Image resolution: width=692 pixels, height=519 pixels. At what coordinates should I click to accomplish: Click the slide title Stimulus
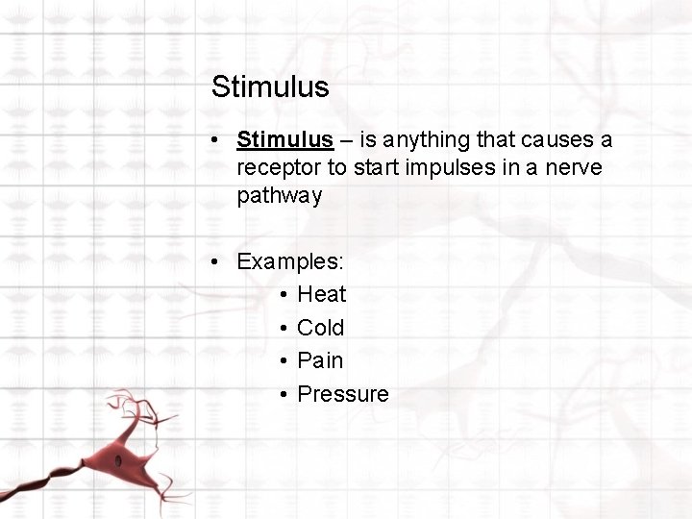tap(270, 87)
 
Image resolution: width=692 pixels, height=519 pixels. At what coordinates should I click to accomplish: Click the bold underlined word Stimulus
tap(285, 140)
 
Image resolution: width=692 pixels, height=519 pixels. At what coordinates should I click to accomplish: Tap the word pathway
tap(279, 196)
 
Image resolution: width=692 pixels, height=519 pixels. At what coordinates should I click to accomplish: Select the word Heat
tap(321, 294)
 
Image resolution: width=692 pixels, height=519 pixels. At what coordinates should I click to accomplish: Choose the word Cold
tap(320, 328)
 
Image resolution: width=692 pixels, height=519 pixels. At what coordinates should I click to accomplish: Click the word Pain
tap(320, 360)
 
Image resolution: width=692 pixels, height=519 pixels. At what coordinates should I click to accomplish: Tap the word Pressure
tap(343, 394)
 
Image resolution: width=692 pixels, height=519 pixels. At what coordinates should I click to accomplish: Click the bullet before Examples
tap(218, 261)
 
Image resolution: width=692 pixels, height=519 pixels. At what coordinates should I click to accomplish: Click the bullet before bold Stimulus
tap(218, 140)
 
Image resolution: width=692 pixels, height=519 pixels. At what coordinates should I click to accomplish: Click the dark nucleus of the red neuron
tap(118, 461)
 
